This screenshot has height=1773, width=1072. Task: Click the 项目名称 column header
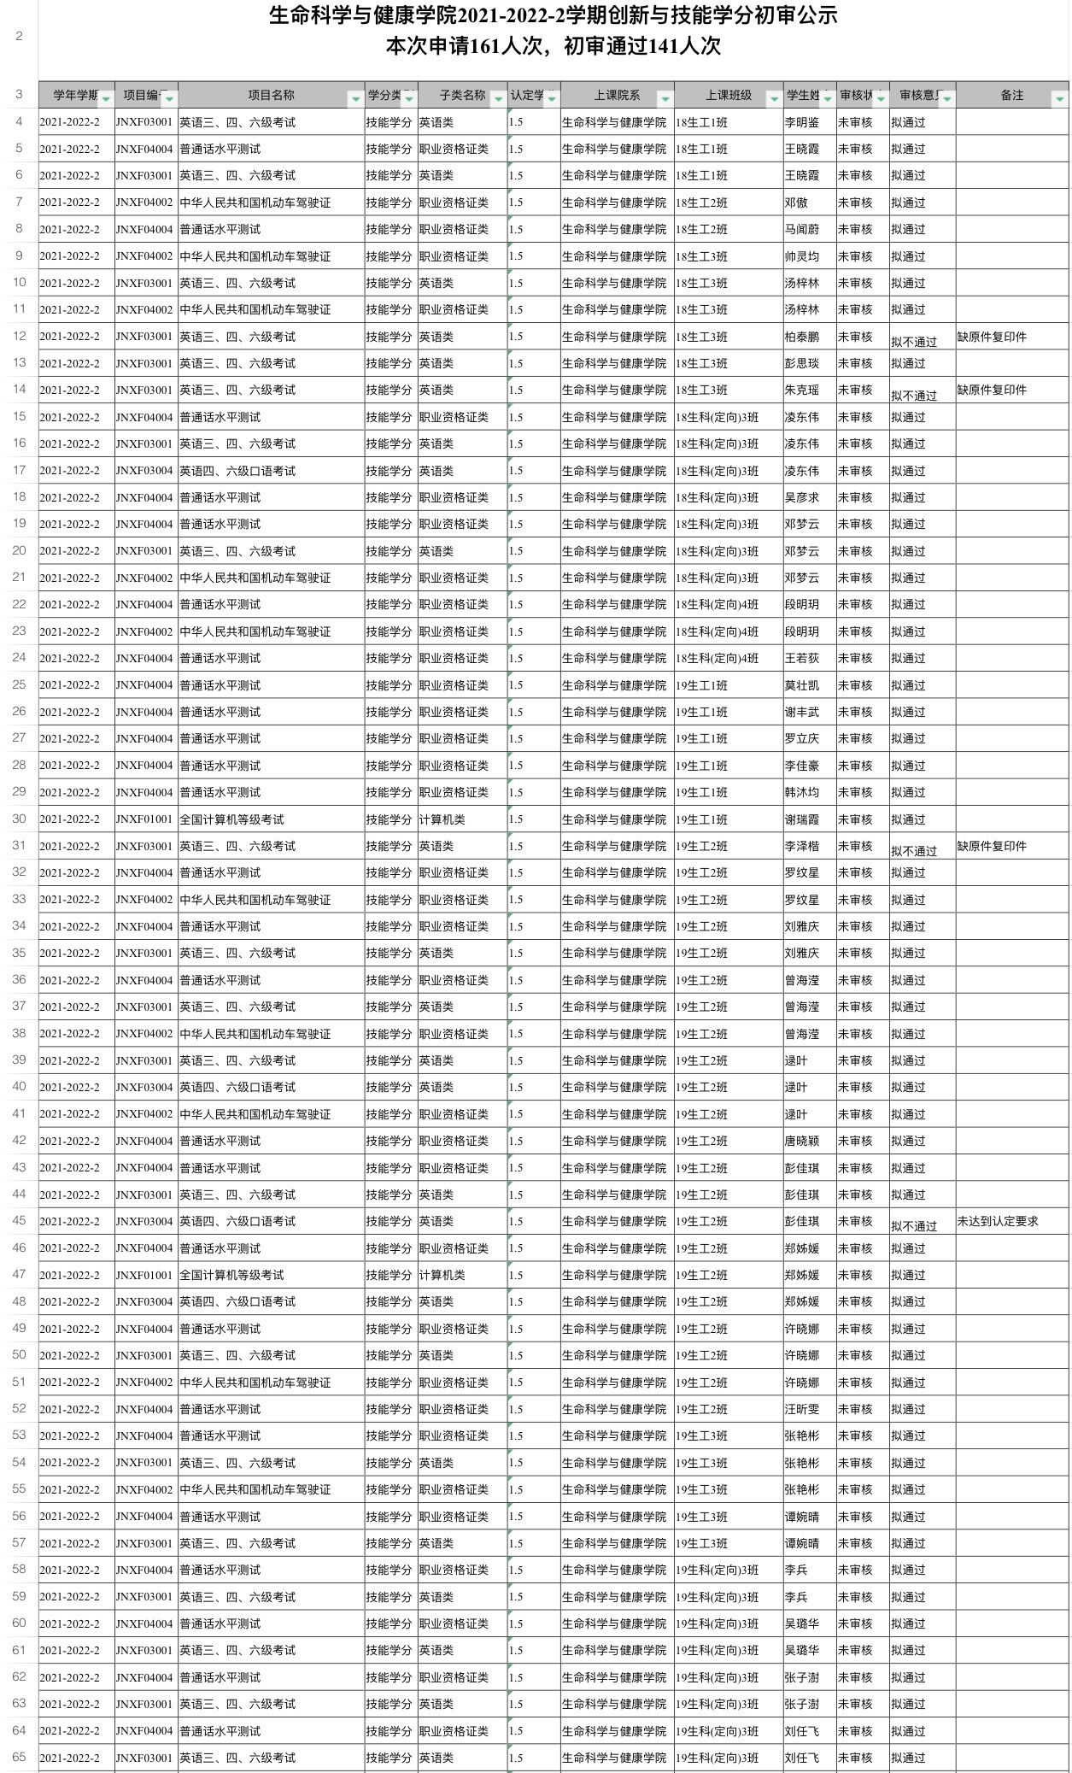pyautogui.click(x=271, y=96)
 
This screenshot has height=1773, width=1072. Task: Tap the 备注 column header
pyautogui.click(x=1011, y=96)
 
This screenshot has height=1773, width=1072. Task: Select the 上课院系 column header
pyautogui.click(x=617, y=96)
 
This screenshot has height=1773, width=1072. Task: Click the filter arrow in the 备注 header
pyautogui.click(x=1059, y=99)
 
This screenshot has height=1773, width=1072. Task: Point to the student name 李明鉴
pyautogui.click(x=801, y=123)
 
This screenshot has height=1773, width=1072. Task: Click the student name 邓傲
pyautogui.click(x=796, y=203)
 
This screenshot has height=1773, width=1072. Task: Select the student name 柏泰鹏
pyautogui.click(x=801, y=338)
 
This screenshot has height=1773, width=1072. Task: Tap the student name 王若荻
pyautogui.click(x=801, y=659)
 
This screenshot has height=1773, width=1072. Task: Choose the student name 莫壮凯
pyautogui.click(x=801, y=686)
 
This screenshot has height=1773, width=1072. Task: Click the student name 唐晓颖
pyautogui.click(x=801, y=1142)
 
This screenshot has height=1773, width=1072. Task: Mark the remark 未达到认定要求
pyautogui.click(x=997, y=1222)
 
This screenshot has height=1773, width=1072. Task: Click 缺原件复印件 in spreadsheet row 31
pyautogui.click(x=991, y=847)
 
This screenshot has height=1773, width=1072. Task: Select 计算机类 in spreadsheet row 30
pyautogui.click(x=442, y=820)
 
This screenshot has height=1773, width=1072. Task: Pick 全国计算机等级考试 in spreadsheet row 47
pyautogui.click(x=231, y=1276)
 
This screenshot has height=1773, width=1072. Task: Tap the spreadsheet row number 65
pyautogui.click(x=19, y=1758)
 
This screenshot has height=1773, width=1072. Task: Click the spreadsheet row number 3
pyautogui.click(x=19, y=95)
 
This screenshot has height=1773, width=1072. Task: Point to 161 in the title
pyautogui.click(x=484, y=46)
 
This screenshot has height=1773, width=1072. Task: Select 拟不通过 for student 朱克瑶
pyautogui.click(x=913, y=396)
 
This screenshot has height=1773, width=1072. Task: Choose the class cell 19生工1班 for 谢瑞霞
pyautogui.click(x=701, y=820)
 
